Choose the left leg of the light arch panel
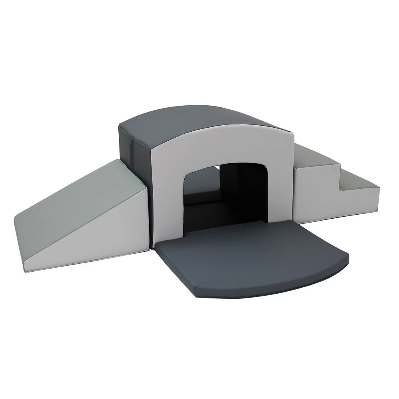tap(166, 199)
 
